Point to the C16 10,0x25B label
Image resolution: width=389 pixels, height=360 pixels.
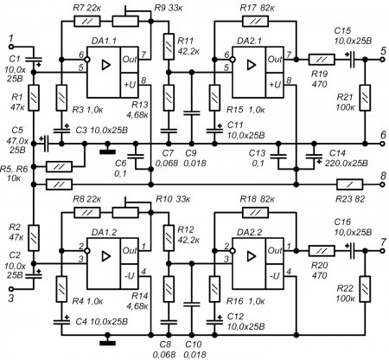(350, 228)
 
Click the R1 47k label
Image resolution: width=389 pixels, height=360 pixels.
(15, 100)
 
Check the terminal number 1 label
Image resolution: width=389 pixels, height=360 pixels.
(10, 38)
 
